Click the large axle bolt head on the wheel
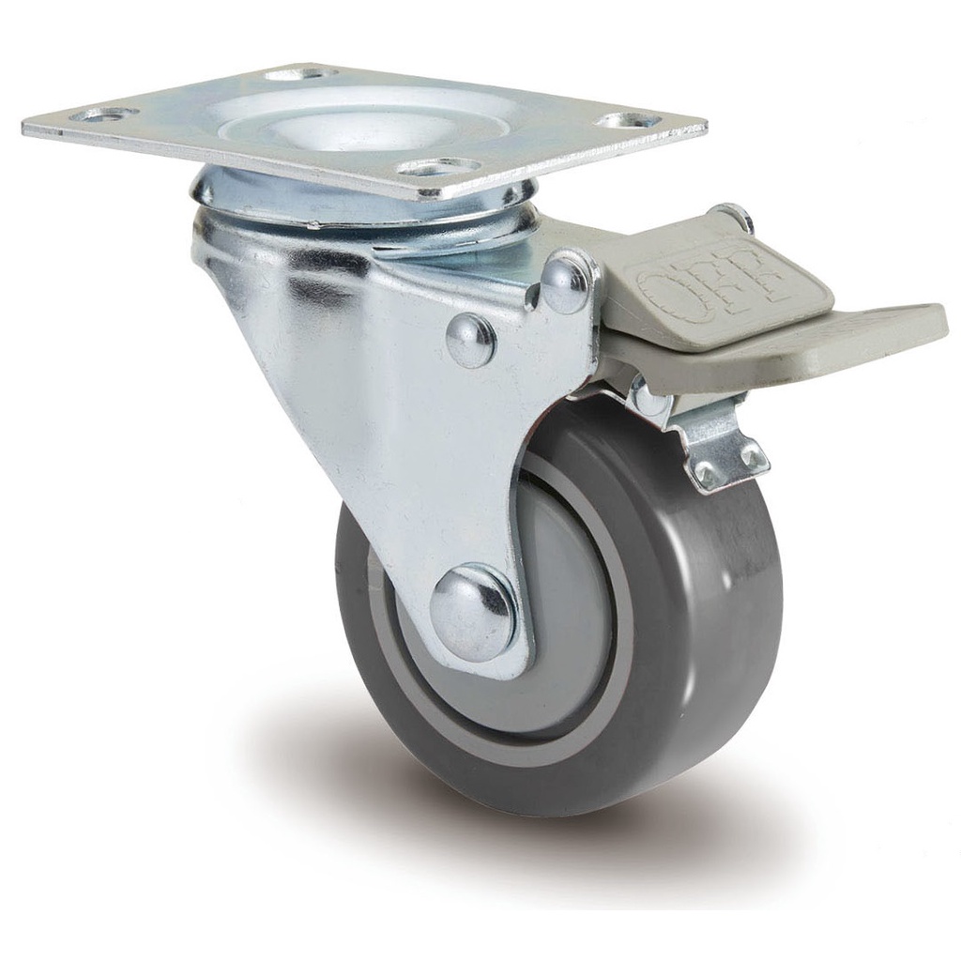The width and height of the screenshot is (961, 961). (473, 612)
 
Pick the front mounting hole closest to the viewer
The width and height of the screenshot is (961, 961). (439, 167)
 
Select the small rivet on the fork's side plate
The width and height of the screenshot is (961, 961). (470, 340)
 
